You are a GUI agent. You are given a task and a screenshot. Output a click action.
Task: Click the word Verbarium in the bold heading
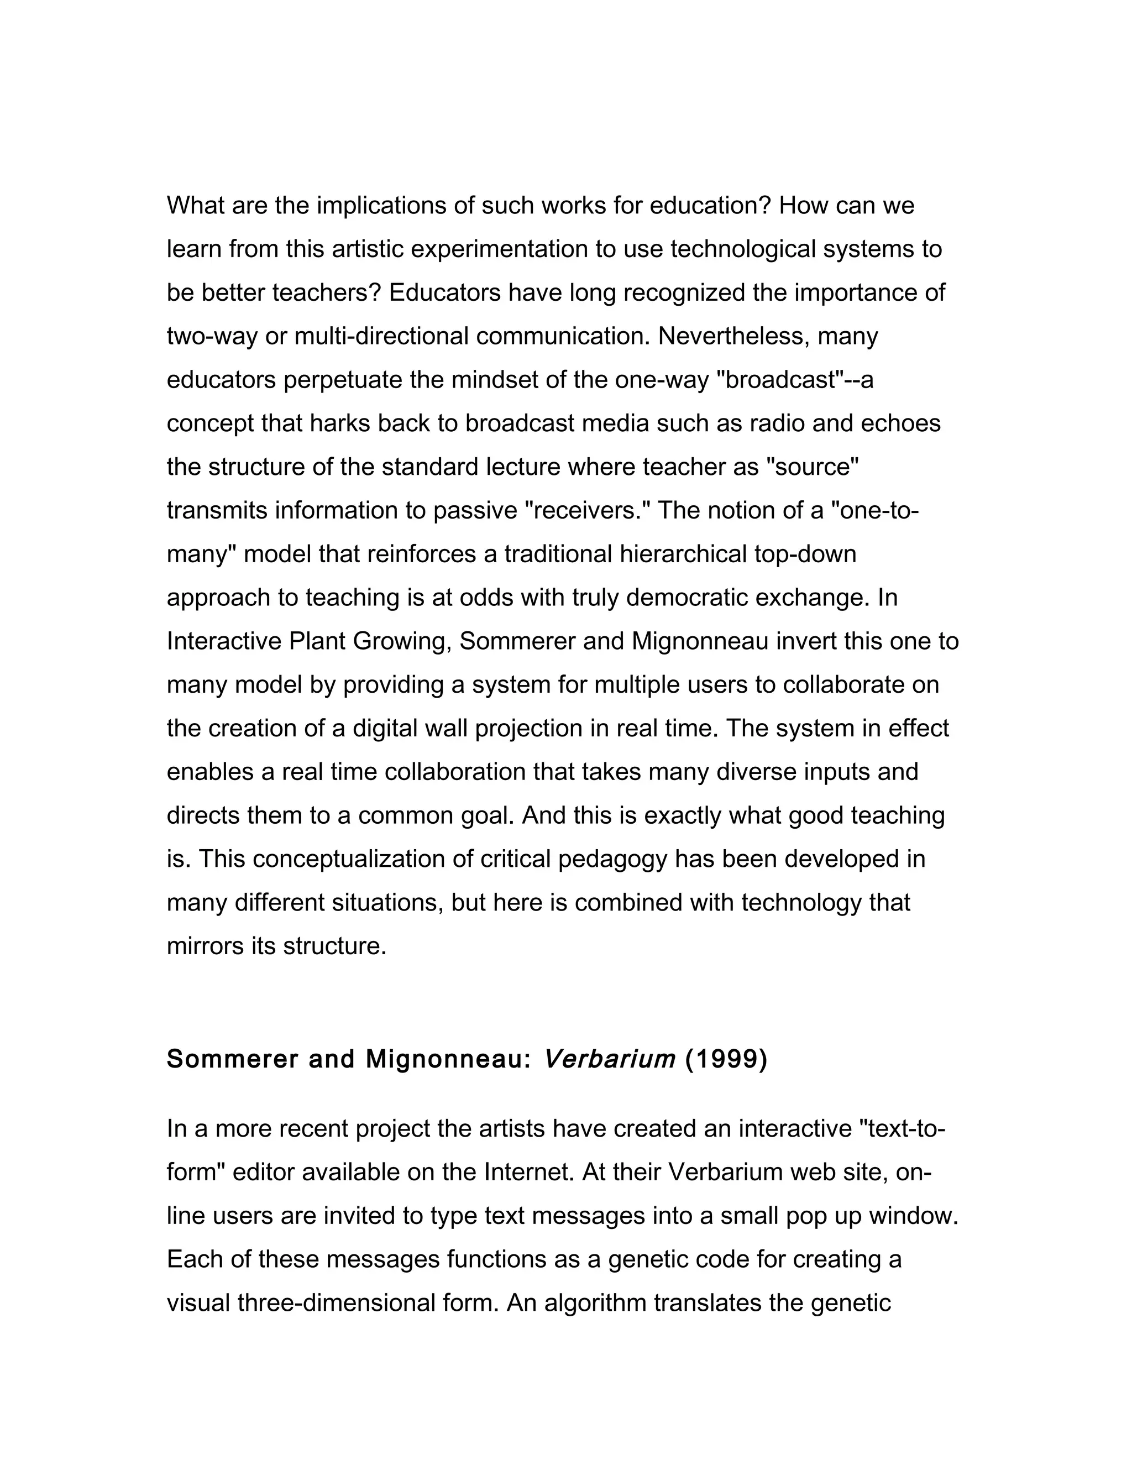tap(609, 1059)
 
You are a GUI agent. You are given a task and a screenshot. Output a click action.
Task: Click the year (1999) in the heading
tap(726, 1059)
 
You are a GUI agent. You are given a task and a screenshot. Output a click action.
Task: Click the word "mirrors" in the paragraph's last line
tap(205, 946)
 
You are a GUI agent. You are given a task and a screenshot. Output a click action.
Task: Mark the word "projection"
tap(529, 729)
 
